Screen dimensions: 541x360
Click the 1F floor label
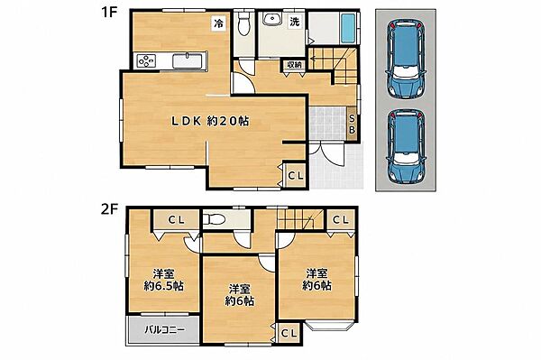pos(109,14)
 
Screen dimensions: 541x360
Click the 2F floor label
pos(109,209)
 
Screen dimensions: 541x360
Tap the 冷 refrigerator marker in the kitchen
pos(219,23)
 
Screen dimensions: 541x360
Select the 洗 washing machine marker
pos(294,22)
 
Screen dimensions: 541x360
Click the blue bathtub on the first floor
pos(348,29)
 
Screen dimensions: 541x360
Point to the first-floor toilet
pos(244,23)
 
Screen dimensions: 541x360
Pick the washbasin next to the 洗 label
pos(272,19)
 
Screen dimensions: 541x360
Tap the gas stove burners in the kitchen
pos(146,60)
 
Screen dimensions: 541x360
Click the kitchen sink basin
pos(186,61)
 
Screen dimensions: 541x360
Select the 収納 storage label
pos(294,65)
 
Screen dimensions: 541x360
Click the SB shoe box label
pos(352,124)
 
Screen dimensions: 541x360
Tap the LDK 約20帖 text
pos(210,121)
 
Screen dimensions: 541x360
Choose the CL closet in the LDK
pos(295,176)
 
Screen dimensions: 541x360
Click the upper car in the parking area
pos(406,59)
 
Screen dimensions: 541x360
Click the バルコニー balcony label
pos(165,329)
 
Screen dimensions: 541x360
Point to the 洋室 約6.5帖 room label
pos(163,280)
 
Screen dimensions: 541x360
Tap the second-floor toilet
pos(214,219)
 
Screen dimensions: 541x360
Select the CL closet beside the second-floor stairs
pos(341,220)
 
